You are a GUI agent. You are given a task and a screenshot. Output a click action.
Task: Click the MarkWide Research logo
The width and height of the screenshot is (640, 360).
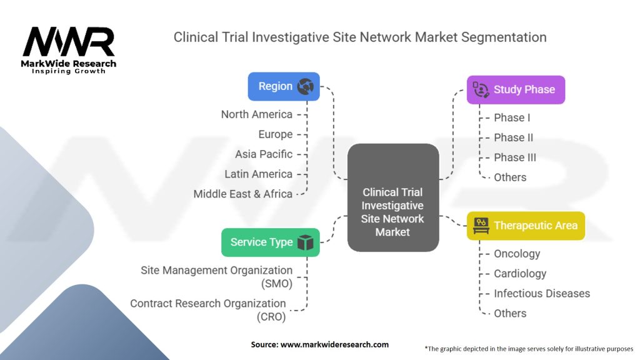69,49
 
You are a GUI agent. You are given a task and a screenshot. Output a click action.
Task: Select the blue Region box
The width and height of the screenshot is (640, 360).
284,86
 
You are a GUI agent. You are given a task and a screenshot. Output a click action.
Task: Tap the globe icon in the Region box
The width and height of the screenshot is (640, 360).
306,86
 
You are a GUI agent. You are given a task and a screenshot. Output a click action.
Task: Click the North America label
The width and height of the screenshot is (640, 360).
256,114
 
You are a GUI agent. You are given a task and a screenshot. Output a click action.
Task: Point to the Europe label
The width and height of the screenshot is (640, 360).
275,134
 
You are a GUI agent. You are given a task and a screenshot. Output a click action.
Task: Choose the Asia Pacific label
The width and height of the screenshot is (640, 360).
263,154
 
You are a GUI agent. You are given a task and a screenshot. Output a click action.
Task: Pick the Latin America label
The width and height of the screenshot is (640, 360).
258,174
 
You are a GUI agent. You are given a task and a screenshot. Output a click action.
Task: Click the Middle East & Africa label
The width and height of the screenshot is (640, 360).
242,194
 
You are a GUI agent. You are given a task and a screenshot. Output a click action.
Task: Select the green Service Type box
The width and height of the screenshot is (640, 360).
271,242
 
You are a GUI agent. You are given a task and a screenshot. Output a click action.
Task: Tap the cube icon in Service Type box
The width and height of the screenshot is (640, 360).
305,242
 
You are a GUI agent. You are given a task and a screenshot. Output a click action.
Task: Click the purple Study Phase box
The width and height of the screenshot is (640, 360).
516,89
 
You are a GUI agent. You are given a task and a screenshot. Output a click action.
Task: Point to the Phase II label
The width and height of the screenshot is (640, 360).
513,137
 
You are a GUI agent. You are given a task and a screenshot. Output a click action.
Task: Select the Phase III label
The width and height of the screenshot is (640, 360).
515,157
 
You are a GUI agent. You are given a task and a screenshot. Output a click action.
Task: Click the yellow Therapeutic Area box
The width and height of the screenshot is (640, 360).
526,225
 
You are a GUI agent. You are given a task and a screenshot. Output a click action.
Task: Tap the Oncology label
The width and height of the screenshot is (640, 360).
517,254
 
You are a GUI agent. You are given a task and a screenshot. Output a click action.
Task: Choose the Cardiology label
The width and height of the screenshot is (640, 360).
520,274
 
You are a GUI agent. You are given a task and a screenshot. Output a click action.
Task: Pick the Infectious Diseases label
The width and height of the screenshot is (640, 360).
541,294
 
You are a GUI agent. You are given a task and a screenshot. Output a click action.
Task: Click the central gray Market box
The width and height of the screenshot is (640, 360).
392,198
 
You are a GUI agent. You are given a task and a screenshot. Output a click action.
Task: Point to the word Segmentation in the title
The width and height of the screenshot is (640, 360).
504,37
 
